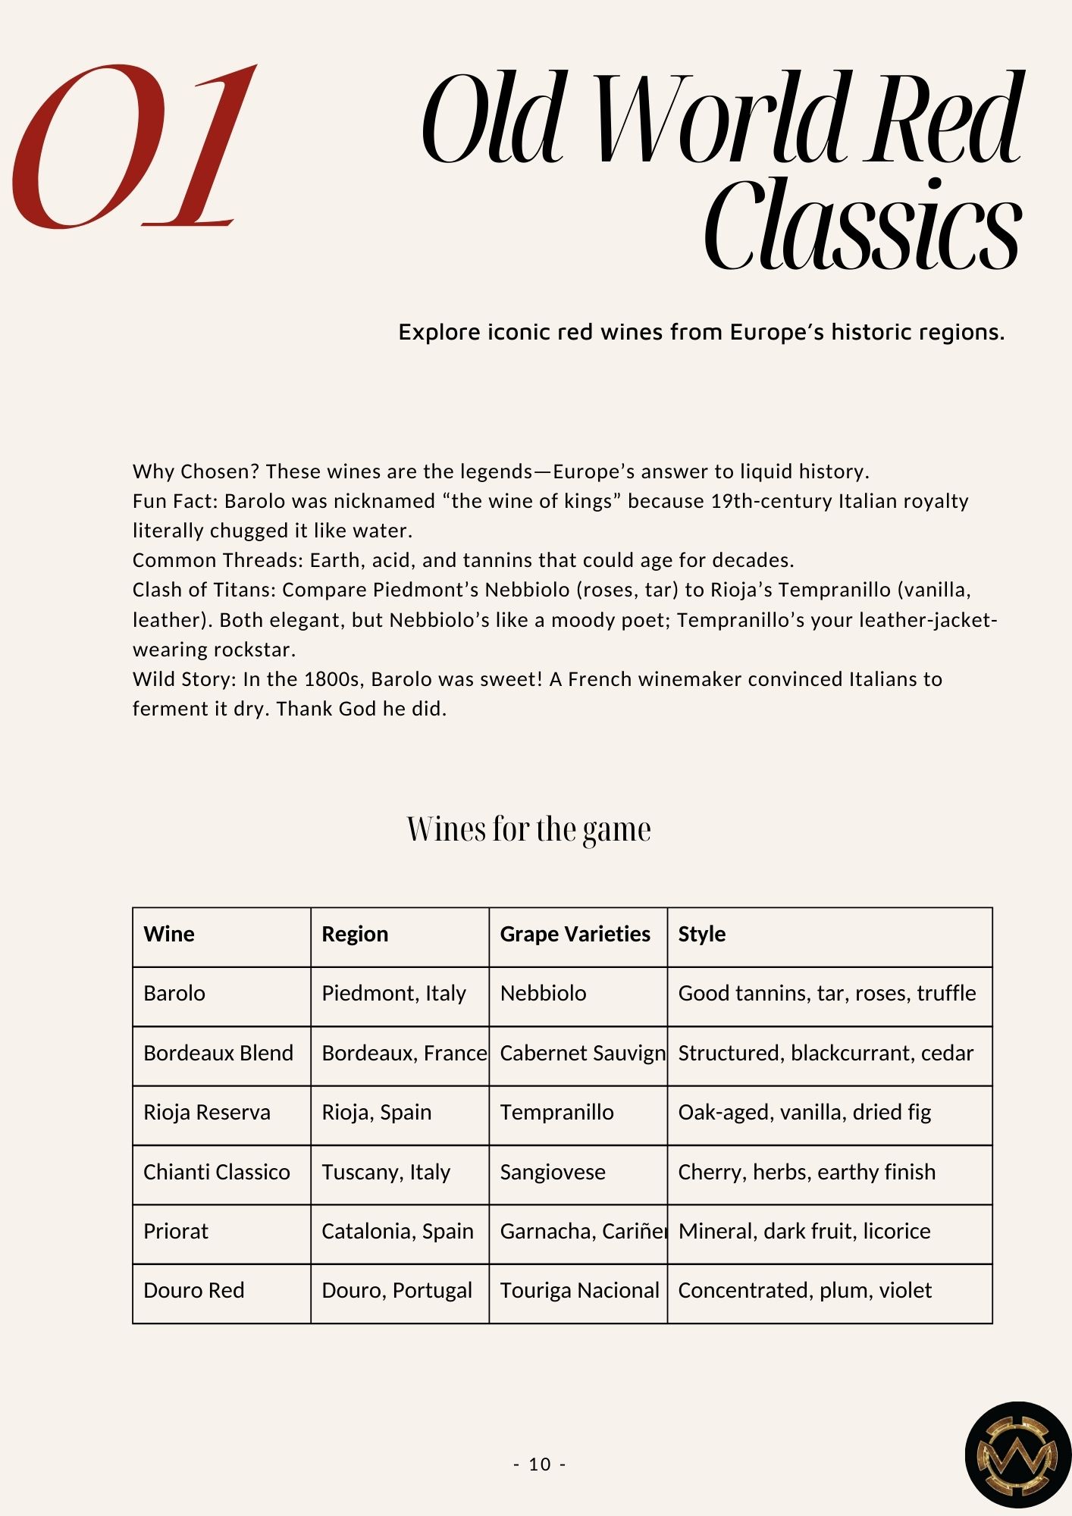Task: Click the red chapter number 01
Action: (x=133, y=148)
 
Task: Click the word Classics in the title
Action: (x=862, y=225)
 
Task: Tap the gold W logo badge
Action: (x=1017, y=1455)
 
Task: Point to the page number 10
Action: (x=540, y=1464)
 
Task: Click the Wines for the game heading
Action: (x=528, y=829)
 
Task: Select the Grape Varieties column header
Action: (x=575, y=934)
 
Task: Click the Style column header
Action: (x=701, y=934)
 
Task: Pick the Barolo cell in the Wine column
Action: (x=174, y=993)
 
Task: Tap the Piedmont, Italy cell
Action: (x=393, y=993)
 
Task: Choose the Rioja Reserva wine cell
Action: (x=206, y=1112)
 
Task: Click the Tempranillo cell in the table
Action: (x=556, y=1112)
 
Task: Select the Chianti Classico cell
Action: (x=216, y=1172)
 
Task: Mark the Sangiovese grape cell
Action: (x=553, y=1172)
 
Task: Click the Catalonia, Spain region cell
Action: (x=397, y=1231)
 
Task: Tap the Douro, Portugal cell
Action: (x=397, y=1290)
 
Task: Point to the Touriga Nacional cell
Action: (x=579, y=1290)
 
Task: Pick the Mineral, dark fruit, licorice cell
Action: (x=804, y=1231)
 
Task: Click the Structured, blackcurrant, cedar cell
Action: (x=826, y=1053)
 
